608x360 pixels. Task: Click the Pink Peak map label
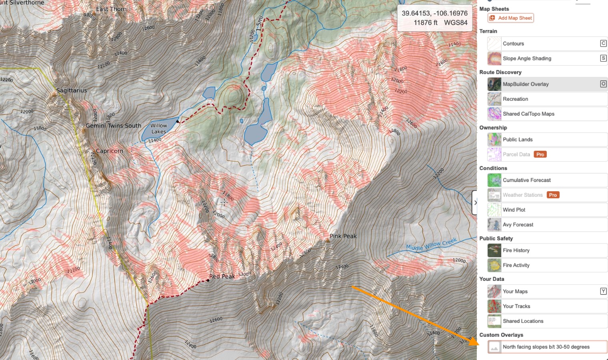(343, 236)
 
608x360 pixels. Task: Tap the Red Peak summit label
(222, 276)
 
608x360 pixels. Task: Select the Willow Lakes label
(158, 128)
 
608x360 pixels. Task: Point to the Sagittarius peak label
(72, 90)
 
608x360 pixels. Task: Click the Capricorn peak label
(110, 151)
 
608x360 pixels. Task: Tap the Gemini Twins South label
(114, 126)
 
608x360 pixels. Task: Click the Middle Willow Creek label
(431, 244)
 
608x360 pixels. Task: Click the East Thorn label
(111, 9)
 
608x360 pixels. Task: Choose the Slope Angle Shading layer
(527, 58)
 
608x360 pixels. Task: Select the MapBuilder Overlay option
(526, 84)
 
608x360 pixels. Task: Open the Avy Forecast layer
(518, 225)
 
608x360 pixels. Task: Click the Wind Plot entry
(514, 210)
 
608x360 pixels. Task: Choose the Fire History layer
(516, 250)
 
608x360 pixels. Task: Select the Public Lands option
(518, 140)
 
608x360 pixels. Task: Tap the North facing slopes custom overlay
(546, 347)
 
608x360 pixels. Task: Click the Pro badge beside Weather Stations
(553, 195)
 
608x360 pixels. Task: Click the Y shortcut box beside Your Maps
(603, 291)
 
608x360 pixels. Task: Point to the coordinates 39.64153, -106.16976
(434, 13)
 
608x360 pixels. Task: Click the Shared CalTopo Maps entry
(528, 114)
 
